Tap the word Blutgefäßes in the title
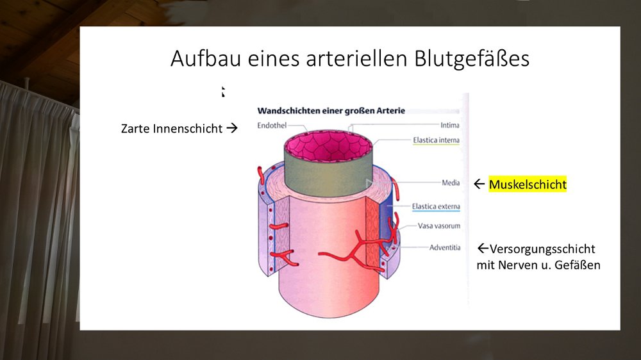click(472, 59)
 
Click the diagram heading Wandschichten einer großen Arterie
click(331, 111)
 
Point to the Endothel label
click(272, 126)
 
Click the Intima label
click(450, 125)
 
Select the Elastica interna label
click(436, 140)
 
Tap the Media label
click(451, 183)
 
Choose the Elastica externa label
click(436, 206)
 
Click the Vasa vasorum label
click(438, 225)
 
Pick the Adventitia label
click(445, 247)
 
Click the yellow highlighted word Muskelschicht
click(528, 184)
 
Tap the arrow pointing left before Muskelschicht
click(479, 184)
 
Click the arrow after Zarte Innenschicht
click(232, 128)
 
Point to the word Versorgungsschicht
click(542, 249)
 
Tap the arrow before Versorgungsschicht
click(483, 248)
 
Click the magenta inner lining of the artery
click(328, 145)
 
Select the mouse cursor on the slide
click(223, 92)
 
